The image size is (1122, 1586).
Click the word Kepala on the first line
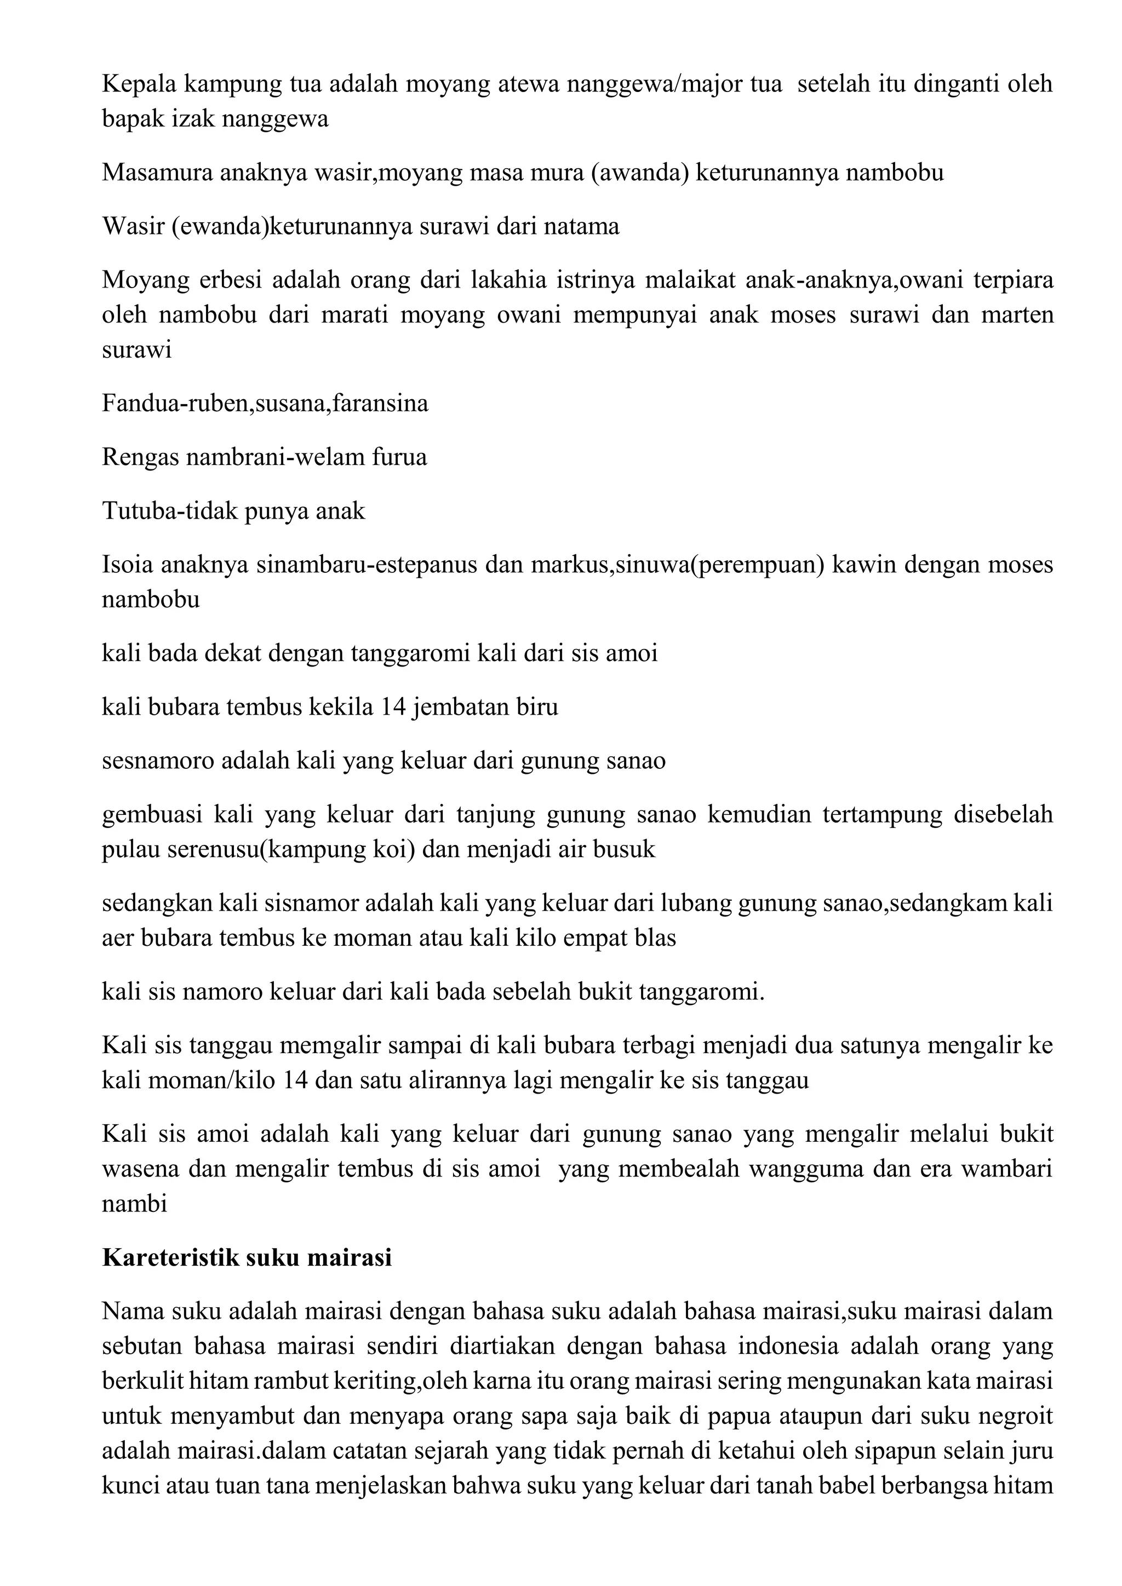136,84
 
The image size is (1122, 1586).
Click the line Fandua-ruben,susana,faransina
265,403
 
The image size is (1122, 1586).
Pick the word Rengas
140,457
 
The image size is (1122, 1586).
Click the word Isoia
127,565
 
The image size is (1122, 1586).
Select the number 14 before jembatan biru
394,706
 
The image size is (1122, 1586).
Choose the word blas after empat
657,938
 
